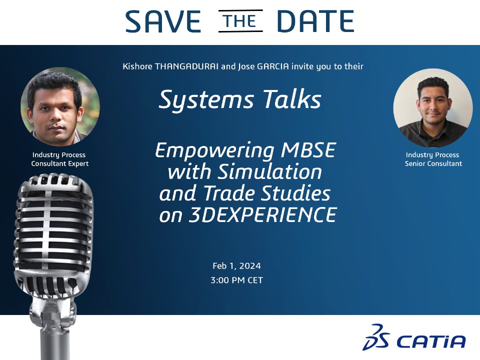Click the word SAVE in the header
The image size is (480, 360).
(163, 21)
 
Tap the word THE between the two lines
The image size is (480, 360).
(240, 21)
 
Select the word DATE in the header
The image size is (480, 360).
(315, 21)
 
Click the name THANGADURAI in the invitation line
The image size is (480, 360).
(186, 66)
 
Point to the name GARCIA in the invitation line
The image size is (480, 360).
(273, 66)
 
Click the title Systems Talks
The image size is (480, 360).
(240, 99)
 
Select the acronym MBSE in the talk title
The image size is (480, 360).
(308, 150)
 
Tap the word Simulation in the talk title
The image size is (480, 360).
(269, 171)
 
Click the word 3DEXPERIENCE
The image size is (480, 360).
(263, 214)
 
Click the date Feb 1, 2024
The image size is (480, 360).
(236, 265)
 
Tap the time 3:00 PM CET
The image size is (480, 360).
(236, 280)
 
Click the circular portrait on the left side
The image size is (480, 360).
(60, 106)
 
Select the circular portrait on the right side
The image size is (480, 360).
(432, 108)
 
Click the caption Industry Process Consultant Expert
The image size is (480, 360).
(59, 159)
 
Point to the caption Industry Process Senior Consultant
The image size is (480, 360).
(433, 159)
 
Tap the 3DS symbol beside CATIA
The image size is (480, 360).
(376, 337)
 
